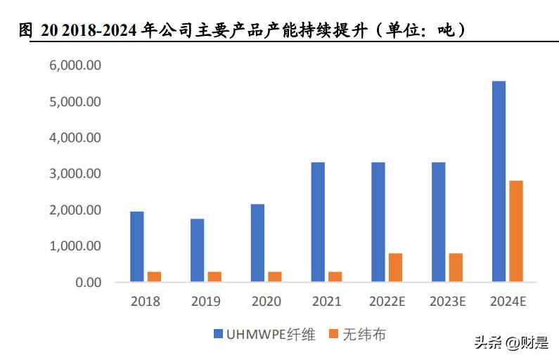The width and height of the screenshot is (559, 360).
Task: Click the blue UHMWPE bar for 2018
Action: [x=137, y=247]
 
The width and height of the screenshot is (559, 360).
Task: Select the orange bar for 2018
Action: [x=154, y=277]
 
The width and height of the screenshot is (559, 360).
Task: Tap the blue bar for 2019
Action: [x=198, y=250]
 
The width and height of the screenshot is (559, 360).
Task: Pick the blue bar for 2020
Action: [x=257, y=243]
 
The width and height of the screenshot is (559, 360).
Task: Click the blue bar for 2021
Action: [x=318, y=222]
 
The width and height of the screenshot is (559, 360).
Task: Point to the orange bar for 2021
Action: [x=335, y=277]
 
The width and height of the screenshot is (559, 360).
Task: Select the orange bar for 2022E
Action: [x=395, y=268]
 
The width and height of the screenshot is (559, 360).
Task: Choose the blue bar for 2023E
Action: [x=439, y=222]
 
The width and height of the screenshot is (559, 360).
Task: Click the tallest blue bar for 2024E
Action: [x=499, y=181]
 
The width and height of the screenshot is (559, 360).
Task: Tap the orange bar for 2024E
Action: [x=516, y=231]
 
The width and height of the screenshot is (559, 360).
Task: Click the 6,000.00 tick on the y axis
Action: [x=75, y=65]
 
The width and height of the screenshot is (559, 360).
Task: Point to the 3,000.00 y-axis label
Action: [x=75, y=174]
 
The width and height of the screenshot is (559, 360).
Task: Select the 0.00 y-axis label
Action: [x=85, y=283]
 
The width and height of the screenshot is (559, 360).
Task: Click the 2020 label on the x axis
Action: [x=266, y=302]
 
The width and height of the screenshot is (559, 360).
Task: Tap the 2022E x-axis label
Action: [x=387, y=302]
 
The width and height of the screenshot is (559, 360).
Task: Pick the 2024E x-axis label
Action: [x=507, y=302]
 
